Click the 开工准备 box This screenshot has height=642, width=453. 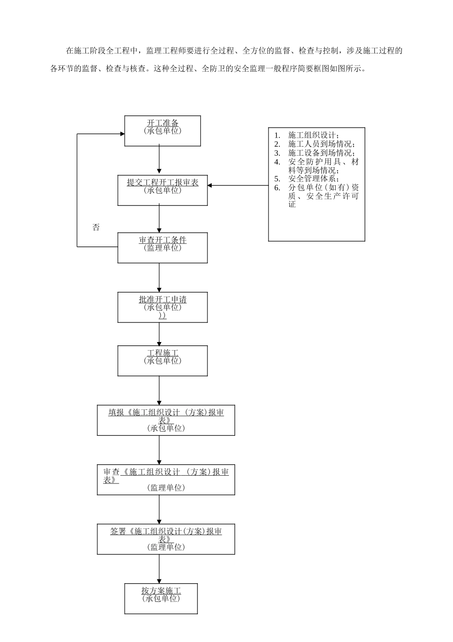point(162,130)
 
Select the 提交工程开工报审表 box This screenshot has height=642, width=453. point(162,190)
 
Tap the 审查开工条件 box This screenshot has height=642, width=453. point(162,247)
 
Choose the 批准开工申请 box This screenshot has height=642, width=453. point(162,307)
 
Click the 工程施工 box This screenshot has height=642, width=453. point(162,361)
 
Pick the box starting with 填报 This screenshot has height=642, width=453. point(166,420)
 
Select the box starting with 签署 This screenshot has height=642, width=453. point(166,539)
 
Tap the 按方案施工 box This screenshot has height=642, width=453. point(161,599)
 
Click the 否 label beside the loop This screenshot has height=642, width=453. point(96,228)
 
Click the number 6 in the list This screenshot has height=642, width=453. point(277,188)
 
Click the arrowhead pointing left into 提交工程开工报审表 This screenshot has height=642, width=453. point(210,185)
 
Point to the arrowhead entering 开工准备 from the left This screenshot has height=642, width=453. point(122,134)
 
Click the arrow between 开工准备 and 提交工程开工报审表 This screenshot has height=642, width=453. point(159,160)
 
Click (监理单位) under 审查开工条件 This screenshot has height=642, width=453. point(163,248)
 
